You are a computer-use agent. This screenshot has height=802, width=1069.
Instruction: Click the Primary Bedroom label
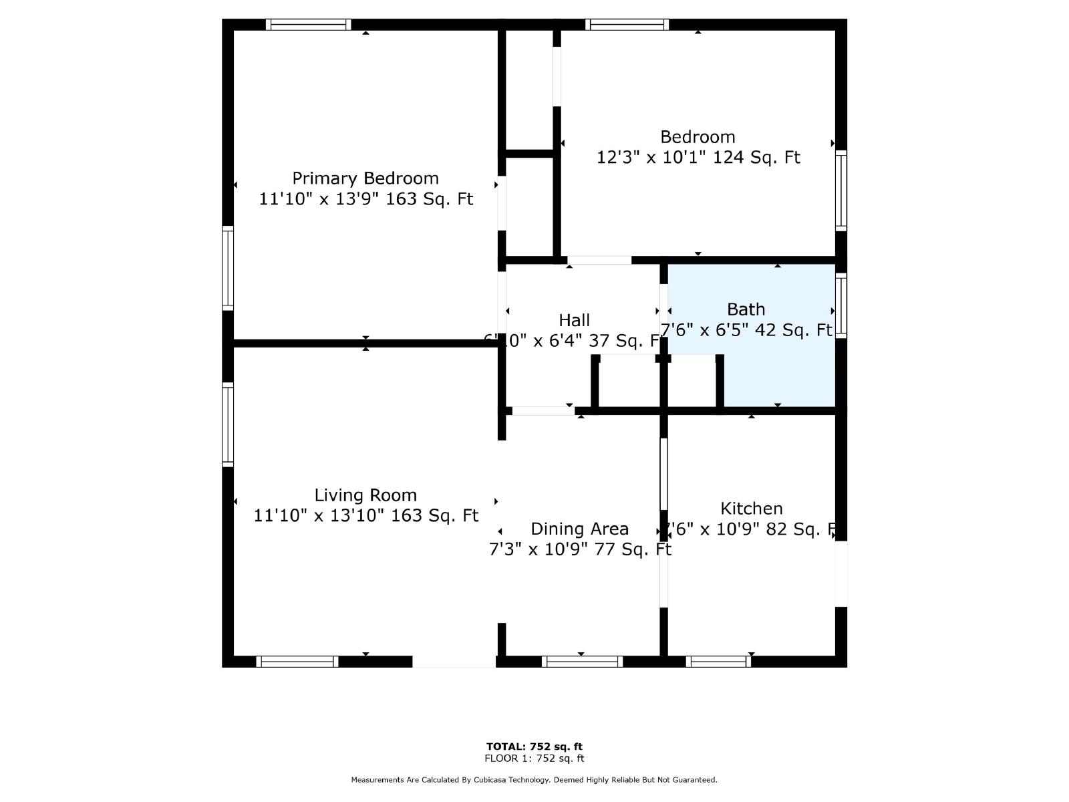click(x=365, y=178)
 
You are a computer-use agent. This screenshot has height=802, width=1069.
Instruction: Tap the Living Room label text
click(x=365, y=495)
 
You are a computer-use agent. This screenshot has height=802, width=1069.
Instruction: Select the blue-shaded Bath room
click(x=778, y=374)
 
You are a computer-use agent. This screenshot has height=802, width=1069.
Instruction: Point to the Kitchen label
click(x=752, y=509)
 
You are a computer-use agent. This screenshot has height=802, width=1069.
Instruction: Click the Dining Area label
click(x=579, y=529)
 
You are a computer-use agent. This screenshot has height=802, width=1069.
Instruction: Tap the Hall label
click(x=574, y=320)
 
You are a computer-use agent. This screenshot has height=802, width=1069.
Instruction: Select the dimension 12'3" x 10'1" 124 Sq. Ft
click(x=698, y=158)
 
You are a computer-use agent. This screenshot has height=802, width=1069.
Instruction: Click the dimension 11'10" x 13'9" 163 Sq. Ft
click(x=365, y=199)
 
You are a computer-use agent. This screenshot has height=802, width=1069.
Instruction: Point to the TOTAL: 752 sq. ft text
click(x=534, y=747)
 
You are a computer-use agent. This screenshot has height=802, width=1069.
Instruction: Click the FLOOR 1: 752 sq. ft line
click(x=534, y=759)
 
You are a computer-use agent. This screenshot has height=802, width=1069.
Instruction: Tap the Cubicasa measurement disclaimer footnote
click(x=534, y=780)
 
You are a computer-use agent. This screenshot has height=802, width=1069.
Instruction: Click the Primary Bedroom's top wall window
click(x=308, y=25)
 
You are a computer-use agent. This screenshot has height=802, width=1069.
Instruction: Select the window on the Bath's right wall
click(x=841, y=305)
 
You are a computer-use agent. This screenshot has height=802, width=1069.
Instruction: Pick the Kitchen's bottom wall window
click(x=718, y=662)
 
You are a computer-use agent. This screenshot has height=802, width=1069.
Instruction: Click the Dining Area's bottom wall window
click(x=582, y=662)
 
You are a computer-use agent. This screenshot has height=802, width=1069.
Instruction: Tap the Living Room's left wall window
click(x=228, y=424)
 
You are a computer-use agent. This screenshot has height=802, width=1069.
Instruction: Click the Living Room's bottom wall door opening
click(x=454, y=662)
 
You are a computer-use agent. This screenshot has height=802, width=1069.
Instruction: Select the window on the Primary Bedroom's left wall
click(x=228, y=268)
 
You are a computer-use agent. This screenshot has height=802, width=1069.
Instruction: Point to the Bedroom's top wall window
click(x=627, y=25)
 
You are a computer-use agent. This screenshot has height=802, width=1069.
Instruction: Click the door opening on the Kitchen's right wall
click(x=841, y=573)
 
